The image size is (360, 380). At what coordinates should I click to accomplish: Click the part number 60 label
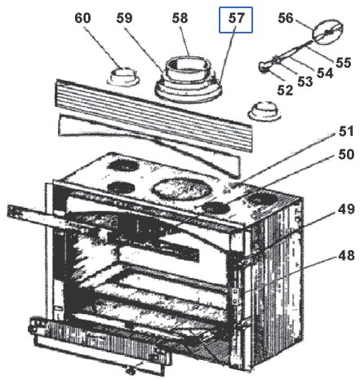pos(82,18)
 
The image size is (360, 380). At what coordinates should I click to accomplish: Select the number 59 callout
pos(124,18)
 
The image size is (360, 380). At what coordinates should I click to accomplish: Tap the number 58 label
pos(180,18)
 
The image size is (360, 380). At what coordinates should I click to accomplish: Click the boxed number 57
pos(236,20)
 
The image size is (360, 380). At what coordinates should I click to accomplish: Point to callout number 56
pos(286,18)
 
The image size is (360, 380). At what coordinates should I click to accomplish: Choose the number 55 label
pos(344,63)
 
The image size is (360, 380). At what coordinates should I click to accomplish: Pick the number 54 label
pos(325,73)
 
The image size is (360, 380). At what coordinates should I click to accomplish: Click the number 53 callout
pos(305,82)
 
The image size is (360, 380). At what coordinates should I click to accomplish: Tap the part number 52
pos(285,90)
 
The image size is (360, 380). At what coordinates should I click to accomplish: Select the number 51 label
pos(346,131)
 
